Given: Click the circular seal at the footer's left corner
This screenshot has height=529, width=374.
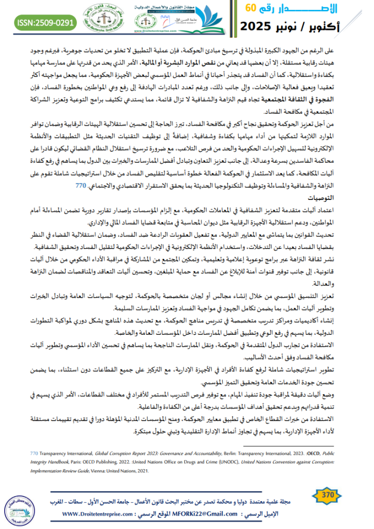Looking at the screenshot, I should [x=20, y=506].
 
